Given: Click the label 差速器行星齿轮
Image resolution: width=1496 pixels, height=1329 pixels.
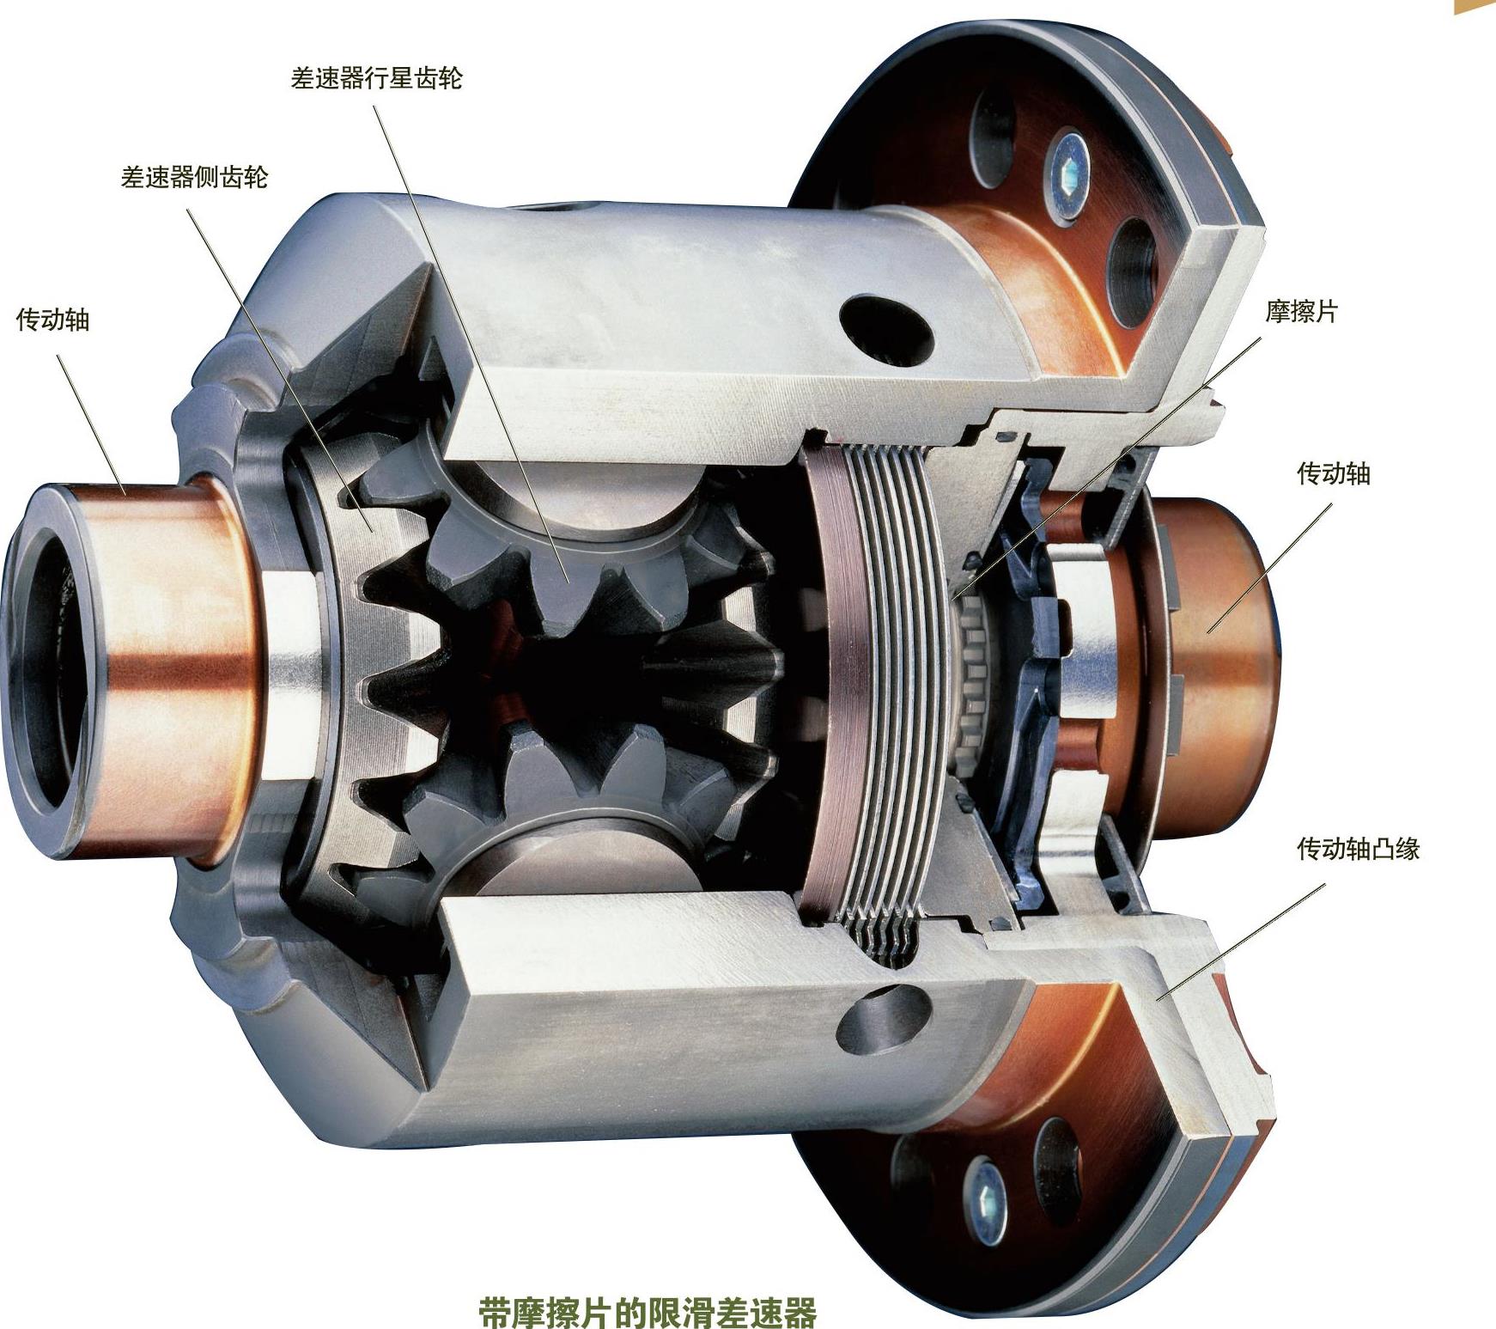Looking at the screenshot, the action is [377, 79].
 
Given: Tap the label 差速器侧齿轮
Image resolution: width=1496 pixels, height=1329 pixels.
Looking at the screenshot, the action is [195, 178].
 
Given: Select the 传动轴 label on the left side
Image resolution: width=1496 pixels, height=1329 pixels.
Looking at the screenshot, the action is [53, 320].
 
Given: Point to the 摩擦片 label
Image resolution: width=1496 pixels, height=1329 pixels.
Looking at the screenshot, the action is [1301, 311].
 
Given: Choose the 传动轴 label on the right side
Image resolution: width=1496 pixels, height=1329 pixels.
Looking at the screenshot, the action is [1333, 472].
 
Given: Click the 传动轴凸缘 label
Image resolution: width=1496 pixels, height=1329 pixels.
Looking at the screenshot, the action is [1358, 849].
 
